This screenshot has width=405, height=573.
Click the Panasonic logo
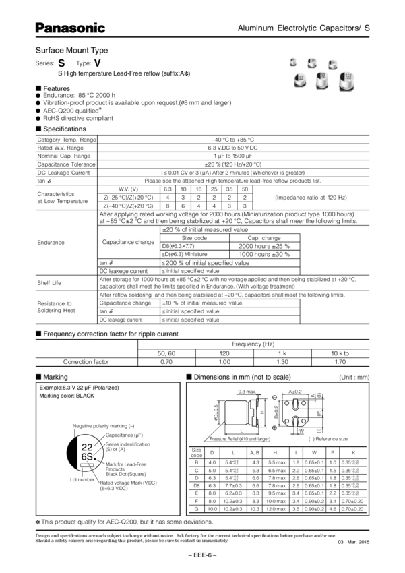69,28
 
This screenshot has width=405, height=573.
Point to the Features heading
57,88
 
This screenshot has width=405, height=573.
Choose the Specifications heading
63,128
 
